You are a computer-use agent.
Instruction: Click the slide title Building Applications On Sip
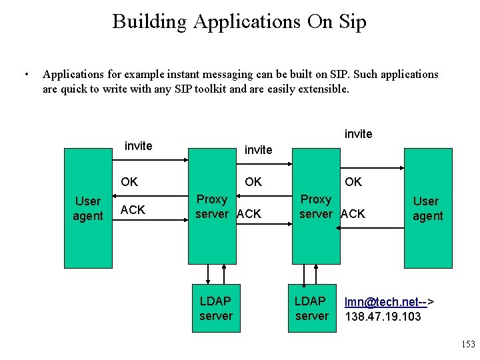239,21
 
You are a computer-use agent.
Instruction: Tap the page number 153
468,344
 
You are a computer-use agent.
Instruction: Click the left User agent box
87,208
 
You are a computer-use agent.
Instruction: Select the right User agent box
427,208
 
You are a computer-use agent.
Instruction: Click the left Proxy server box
211,206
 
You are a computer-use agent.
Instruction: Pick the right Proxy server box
316,206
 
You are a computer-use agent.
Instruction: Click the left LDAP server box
215,308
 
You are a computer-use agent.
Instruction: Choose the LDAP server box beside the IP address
311,308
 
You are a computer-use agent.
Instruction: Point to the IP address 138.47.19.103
383,316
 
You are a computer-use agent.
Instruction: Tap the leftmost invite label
139,146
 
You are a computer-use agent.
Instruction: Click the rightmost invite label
358,134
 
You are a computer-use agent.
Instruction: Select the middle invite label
258,150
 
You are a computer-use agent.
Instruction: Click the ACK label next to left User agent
133,210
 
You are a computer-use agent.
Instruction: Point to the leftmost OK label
129,181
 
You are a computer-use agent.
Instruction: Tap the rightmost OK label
353,181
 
